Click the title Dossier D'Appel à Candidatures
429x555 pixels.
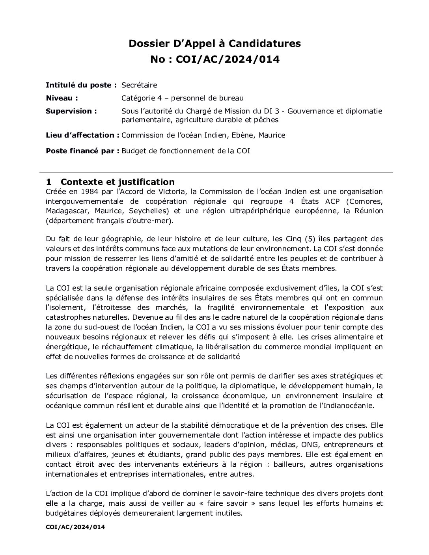[x=214, y=43]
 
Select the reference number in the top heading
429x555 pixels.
[x=228, y=60]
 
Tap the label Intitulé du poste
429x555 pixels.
[x=81, y=85]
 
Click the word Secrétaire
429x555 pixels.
[x=139, y=85]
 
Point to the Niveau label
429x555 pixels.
[x=62, y=98]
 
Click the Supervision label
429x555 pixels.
[x=71, y=111]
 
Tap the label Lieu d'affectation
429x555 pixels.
[x=82, y=135]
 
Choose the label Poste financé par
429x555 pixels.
[x=82, y=151]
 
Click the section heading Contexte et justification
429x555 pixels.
[x=117, y=182]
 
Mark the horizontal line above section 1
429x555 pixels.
[x=216, y=173]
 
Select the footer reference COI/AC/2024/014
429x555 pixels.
[x=75, y=527]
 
